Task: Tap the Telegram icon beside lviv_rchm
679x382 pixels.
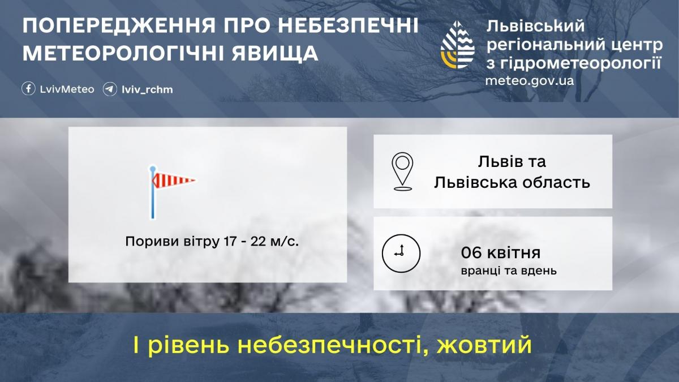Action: point(110,89)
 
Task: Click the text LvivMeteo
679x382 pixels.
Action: point(67,89)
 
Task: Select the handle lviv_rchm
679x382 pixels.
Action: point(147,89)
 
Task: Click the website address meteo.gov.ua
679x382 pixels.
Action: point(529,80)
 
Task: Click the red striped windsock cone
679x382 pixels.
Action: point(173,181)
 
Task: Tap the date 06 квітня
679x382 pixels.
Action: point(501,252)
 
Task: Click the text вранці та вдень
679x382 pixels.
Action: point(509,271)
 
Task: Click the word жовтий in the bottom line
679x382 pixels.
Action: point(485,344)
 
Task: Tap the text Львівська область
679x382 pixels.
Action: point(512,182)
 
